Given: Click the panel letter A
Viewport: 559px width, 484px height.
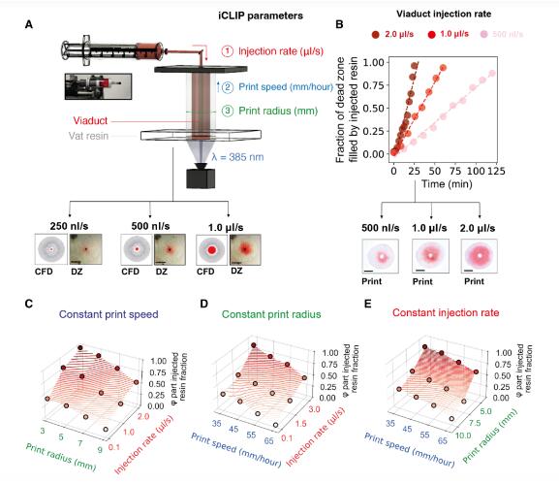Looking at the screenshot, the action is click(x=29, y=24).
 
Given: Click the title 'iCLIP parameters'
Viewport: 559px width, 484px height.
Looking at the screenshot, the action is click(x=261, y=16).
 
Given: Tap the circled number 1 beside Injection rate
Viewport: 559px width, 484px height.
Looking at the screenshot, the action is click(x=227, y=51).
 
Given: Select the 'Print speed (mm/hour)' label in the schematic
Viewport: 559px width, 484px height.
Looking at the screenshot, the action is click(x=286, y=87).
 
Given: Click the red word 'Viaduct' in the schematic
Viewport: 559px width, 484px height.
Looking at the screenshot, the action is click(x=90, y=120).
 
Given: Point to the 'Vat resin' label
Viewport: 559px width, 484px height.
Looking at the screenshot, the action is click(x=88, y=136).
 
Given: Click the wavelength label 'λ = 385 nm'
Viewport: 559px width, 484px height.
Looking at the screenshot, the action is click(x=237, y=157).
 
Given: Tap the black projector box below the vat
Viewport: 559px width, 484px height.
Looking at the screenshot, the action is click(x=201, y=178).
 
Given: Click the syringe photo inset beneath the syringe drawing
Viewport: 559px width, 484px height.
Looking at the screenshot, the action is click(x=98, y=86).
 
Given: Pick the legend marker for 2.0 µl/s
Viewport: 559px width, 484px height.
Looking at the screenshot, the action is click(x=375, y=35).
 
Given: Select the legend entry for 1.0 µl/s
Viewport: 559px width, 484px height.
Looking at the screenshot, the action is click(x=449, y=34).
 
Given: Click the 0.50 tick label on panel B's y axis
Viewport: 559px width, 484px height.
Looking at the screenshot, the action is click(x=374, y=109).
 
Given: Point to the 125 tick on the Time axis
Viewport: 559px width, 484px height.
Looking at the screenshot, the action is click(x=496, y=171).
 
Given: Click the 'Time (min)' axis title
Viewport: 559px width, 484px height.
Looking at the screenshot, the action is click(x=447, y=184).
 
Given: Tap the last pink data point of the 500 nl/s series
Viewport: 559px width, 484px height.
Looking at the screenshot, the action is click(x=492, y=73).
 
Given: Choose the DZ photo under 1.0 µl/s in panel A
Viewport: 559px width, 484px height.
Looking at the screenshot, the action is click(x=245, y=250).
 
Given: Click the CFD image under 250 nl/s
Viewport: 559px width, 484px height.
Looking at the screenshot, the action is click(x=51, y=249).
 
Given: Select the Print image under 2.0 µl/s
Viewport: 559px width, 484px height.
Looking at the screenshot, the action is click(x=480, y=256).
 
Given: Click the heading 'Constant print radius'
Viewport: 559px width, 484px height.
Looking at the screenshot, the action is click(x=271, y=314).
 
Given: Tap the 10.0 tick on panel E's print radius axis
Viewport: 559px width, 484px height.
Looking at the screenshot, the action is click(x=463, y=436).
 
